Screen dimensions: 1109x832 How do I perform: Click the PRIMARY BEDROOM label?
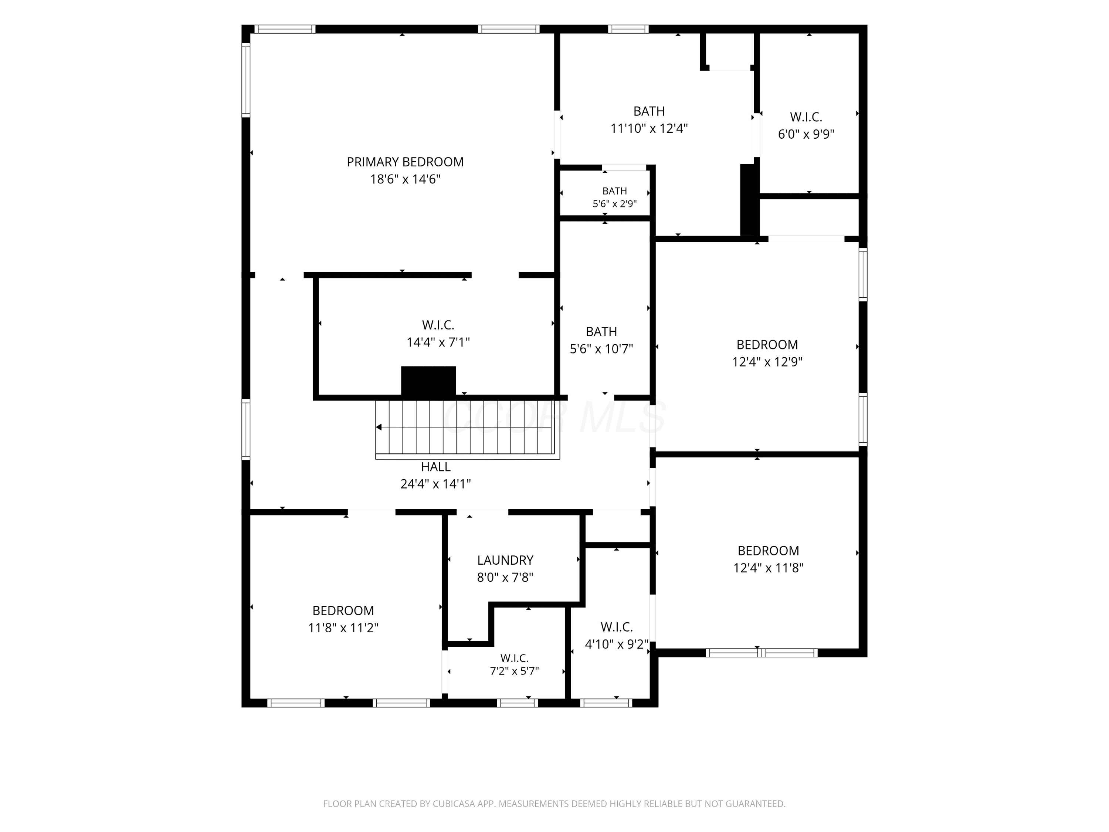(x=405, y=162)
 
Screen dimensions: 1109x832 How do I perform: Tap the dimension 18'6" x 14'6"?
(x=405, y=179)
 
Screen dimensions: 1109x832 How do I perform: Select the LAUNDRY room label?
(x=505, y=560)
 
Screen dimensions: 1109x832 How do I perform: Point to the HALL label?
(x=436, y=467)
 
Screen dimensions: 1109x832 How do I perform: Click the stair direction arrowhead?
(x=379, y=427)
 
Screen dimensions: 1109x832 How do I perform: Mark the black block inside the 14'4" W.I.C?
(x=428, y=381)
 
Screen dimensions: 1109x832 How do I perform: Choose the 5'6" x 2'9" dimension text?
(x=615, y=204)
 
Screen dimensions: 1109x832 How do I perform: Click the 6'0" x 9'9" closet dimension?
(x=806, y=134)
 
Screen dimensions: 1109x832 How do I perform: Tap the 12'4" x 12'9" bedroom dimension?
(x=767, y=362)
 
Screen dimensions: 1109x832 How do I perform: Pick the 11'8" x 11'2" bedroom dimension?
(x=343, y=628)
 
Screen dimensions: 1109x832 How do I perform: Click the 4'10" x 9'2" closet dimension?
(x=617, y=645)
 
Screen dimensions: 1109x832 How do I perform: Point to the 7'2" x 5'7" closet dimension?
(x=515, y=671)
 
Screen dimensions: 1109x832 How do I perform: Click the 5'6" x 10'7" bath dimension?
(x=601, y=349)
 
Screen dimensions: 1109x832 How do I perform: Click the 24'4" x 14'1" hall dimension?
(x=436, y=484)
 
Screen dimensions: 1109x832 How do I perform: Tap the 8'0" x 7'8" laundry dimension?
(x=505, y=577)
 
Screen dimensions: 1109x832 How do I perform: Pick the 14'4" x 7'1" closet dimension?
(x=438, y=342)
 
